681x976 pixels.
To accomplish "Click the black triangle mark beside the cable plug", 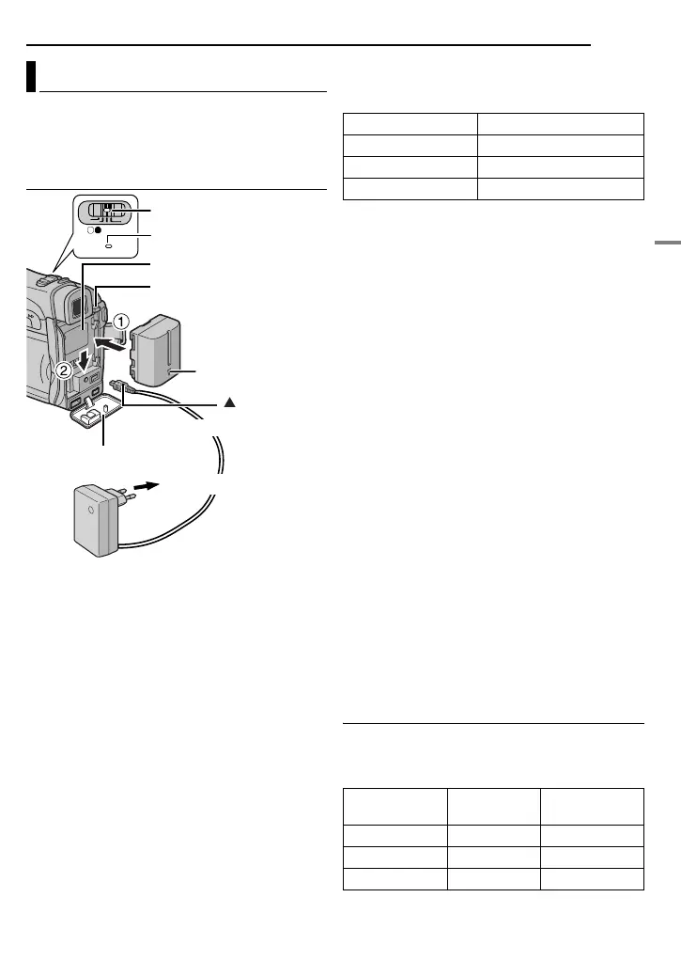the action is click(x=227, y=401).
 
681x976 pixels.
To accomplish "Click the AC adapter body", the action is click(x=95, y=519).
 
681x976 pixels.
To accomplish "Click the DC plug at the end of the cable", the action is click(x=120, y=386).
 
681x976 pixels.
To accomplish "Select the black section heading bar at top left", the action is click(x=31, y=77).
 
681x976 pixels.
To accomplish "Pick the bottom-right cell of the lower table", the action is click(x=591, y=877).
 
